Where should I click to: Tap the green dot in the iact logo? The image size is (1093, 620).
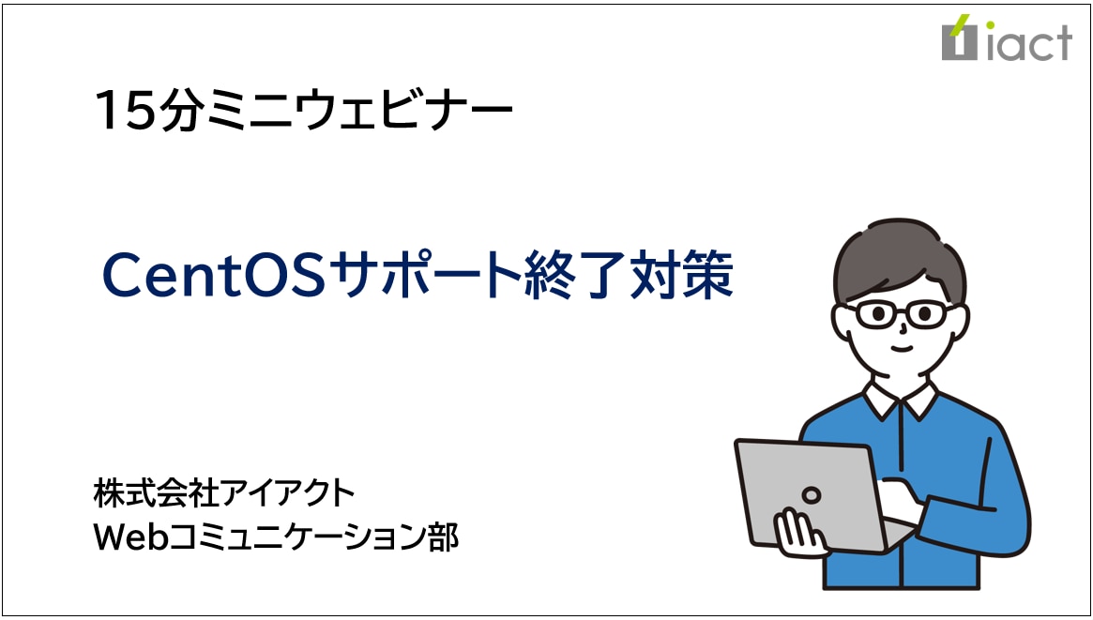click(x=990, y=24)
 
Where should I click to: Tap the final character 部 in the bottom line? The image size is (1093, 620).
click(x=444, y=537)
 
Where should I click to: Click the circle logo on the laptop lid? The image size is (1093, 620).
click(x=811, y=495)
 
